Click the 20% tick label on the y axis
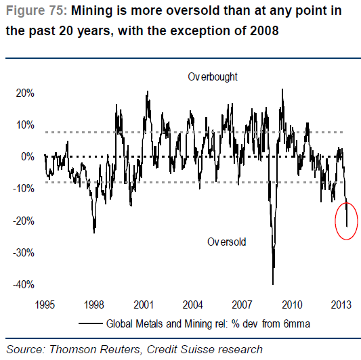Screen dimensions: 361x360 click(25, 93)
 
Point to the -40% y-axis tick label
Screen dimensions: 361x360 click(24, 285)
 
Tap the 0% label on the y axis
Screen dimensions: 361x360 click(28, 157)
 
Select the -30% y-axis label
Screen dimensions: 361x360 click(24, 253)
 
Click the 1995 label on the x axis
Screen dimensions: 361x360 click(45, 305)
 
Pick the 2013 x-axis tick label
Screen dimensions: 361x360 click(341, 305)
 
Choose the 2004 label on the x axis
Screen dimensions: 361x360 click(193, 305)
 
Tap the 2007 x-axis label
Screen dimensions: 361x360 click(242, 305)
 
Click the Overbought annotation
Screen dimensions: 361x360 click(213, 77)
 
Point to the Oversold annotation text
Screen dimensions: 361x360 click(226, 242)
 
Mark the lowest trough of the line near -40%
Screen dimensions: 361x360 click(273, 284)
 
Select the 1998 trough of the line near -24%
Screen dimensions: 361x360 click(94, 233)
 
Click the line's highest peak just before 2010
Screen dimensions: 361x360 click(282, 89)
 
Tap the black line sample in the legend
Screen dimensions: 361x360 click(91, 323)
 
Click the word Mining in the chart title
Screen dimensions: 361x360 click(92, 11)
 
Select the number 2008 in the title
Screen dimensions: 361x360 click(264, 31)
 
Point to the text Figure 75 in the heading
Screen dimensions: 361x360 click(35, 11)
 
